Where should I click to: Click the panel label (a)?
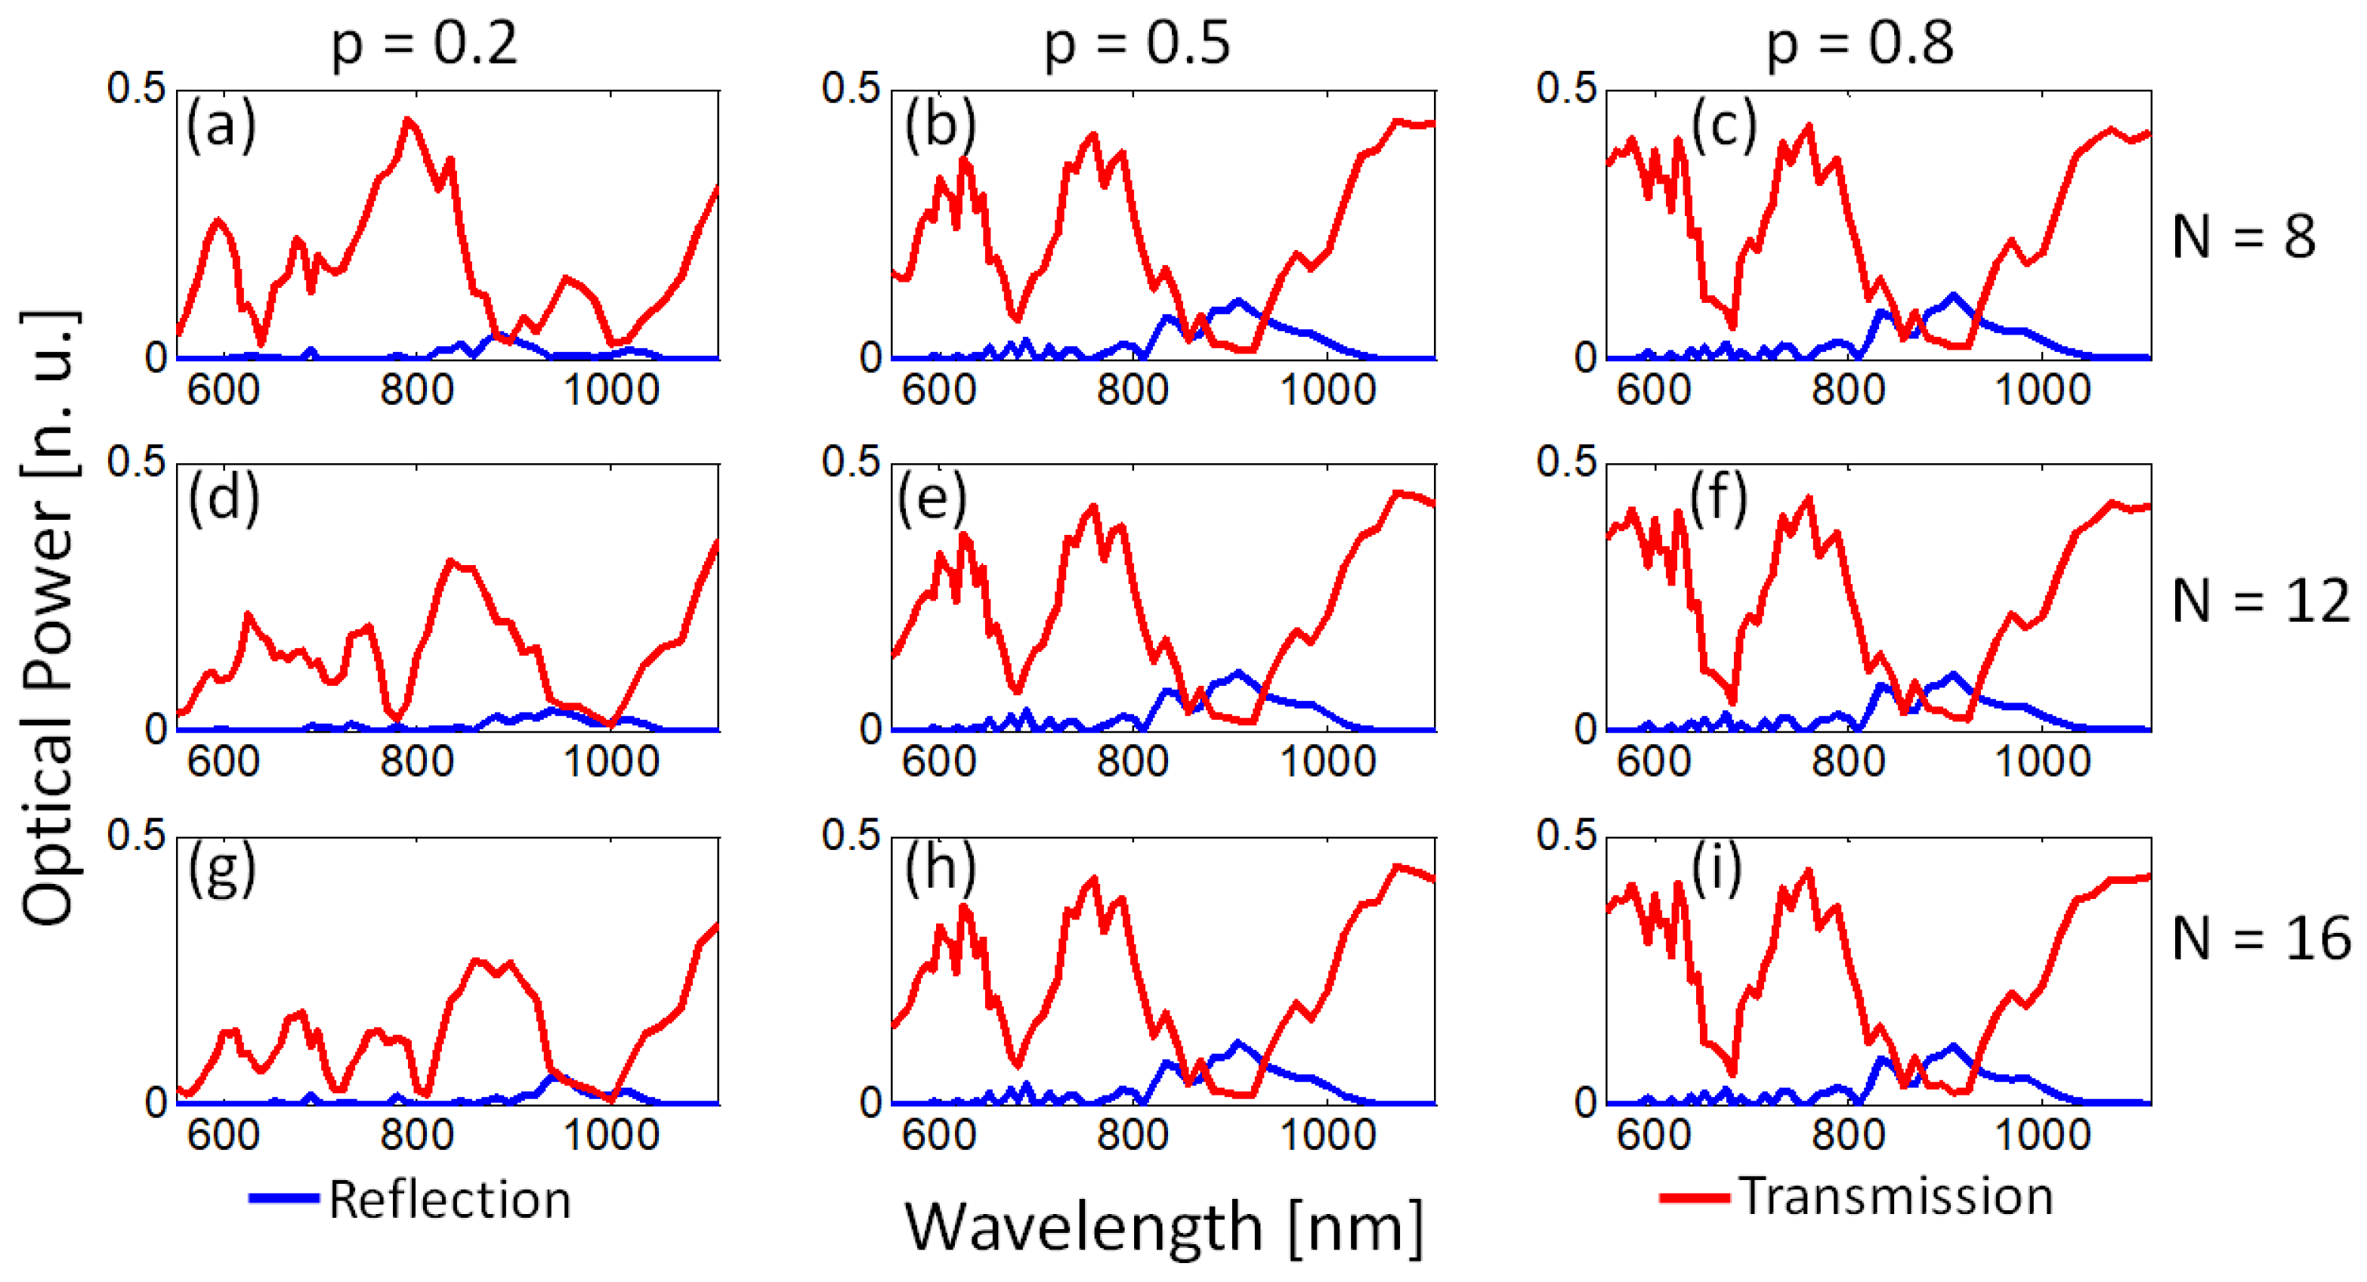point(221,126)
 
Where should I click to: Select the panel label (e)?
point(932,500)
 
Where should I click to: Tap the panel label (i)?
point(1716,870)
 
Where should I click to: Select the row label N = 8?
point(2243,237)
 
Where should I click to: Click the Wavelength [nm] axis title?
point(1164,1227)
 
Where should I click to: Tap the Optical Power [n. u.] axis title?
point(48,617)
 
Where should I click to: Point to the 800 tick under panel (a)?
point(417,391)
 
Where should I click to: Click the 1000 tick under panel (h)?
point(1327,1135)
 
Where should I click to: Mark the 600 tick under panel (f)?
point(1653,761)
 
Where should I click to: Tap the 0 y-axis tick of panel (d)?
point(156,730)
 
